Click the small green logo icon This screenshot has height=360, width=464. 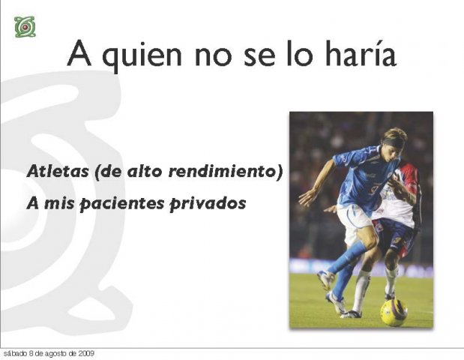(x=25, y=27)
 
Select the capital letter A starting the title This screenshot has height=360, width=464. (x=79, y=53)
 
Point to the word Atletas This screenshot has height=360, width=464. (x=58, y=171)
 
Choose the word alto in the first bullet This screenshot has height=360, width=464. (x=145, y=171)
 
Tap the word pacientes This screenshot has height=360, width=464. (x=122, y=204)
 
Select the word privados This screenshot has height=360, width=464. (x=208, y=204)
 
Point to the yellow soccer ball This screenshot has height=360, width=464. (x=394, y=313)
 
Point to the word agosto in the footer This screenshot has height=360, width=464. (x=56, y=354)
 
